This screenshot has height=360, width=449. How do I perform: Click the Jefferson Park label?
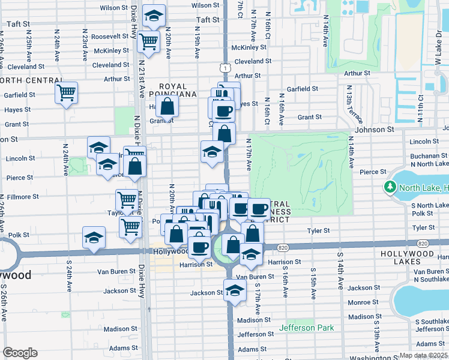point(306,328)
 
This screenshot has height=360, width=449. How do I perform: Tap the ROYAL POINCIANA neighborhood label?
point(169,90)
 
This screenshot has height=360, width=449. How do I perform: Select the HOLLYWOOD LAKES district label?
point(414,254)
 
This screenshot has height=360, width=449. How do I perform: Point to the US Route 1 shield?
point(224,70)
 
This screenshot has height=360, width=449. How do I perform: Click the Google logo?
point(20,353)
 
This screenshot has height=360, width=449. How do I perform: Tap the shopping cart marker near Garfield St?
point(66,93)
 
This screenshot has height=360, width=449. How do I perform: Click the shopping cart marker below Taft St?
point(148,43)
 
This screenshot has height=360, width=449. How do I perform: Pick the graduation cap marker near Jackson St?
point(235,290)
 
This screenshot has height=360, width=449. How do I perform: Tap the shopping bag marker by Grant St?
point(169,108)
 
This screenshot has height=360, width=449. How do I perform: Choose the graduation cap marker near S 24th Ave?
point(94,238)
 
